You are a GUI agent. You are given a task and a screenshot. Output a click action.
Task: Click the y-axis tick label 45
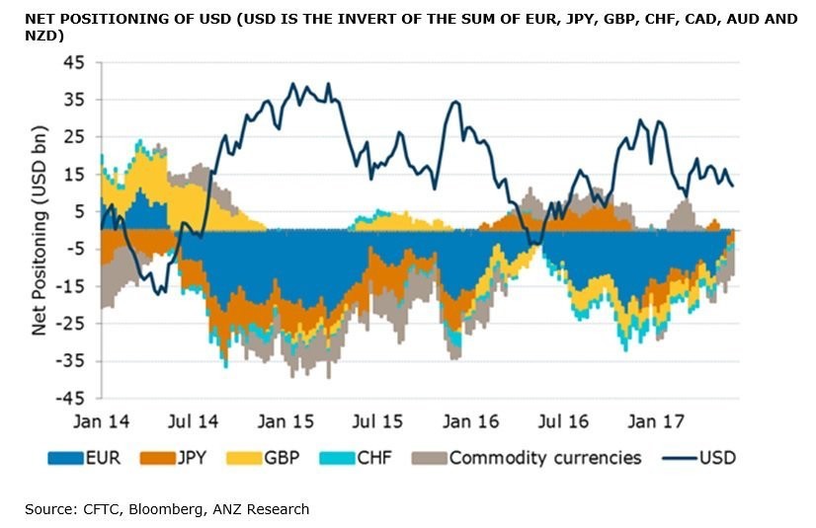coord(75,61)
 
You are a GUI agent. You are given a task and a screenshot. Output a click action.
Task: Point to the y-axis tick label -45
coord(72,398)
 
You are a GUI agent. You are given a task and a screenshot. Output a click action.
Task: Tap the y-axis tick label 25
coord(75,136)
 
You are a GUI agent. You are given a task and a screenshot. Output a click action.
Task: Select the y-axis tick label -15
coord(72,285)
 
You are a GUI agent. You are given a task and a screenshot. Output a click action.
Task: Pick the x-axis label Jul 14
coord(194,421)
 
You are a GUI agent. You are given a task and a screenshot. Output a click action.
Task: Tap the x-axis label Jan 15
coord(286,421)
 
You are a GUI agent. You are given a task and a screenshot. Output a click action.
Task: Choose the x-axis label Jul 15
coord(377,421)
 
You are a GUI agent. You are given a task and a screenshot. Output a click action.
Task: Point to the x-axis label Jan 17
coord(653,421)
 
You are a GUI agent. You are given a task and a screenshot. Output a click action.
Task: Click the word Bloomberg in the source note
coord(177,509)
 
